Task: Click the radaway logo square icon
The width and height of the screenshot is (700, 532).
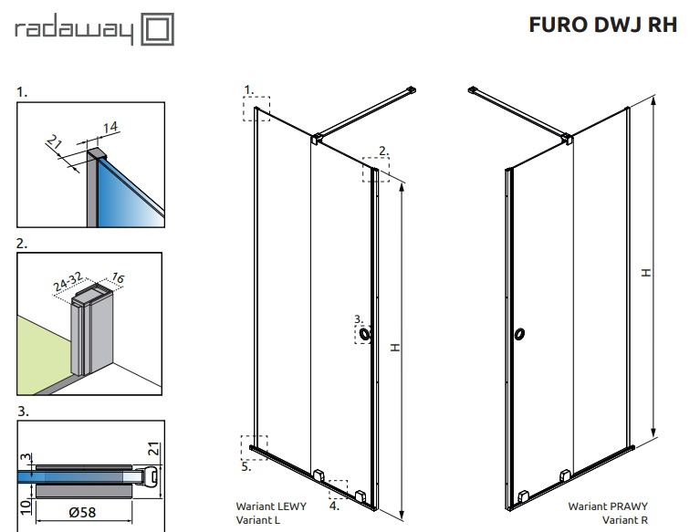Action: [x=158, y=29]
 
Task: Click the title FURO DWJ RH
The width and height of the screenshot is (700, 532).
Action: [x=603, y=25]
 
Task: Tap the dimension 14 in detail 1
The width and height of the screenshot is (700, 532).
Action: [x=110, y=127]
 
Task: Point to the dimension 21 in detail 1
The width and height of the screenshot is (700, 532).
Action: [x=54, y=142]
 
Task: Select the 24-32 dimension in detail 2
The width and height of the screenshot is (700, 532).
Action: [x=68, y=282]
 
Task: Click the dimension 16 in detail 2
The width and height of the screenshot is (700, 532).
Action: [x=118, y=278]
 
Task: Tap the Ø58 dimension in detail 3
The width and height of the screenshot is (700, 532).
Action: [x=82, y=512]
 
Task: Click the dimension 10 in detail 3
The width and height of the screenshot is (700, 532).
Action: [x=26, y=507]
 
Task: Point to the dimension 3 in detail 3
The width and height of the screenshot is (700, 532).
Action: [x=26, y=457]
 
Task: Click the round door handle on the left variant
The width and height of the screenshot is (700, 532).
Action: [x=365, y=334]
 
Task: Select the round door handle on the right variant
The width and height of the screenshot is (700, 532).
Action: [x=519, y=333]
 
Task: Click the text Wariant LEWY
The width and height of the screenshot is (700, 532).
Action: [x=271, y=506]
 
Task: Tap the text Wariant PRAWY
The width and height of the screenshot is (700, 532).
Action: [x=608, y=506]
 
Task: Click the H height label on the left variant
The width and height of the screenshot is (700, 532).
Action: [x=395, y=348]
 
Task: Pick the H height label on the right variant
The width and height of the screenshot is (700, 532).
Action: [x=645, y=272]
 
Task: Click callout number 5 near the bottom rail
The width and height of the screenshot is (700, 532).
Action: [x=246, y=467]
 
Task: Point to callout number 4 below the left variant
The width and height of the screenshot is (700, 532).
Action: [x=334, y=506]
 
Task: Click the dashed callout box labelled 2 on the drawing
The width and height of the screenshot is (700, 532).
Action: [x=376, y=170]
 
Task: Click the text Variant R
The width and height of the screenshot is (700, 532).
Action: [x=624, y=520]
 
